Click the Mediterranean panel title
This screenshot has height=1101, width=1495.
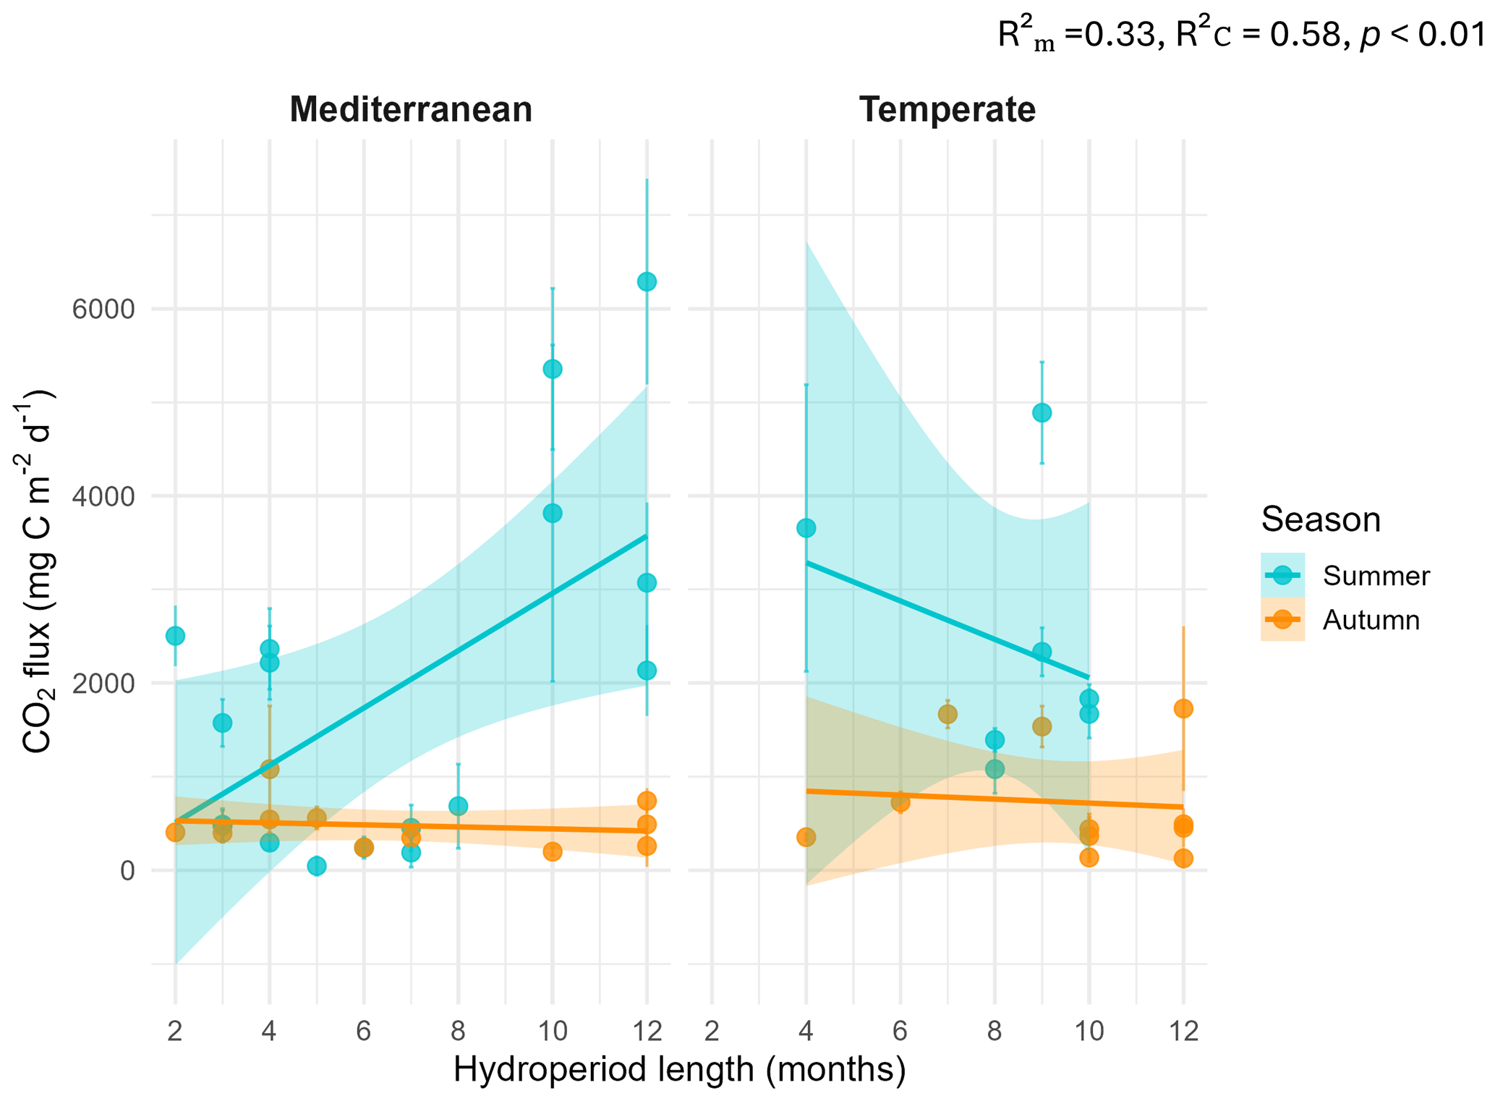coord(411,110)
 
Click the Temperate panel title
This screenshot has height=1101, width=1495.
coord(947,110)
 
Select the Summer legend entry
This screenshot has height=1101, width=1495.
coord(1345,576)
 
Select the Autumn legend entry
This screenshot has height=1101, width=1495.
coord(1345,620)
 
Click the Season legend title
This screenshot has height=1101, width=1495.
coord(1321,520)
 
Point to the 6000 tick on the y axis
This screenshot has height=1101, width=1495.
coord(103,310)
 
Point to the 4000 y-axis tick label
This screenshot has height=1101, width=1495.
coord(103,496)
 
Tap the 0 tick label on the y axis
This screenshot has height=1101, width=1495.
coord(127,870)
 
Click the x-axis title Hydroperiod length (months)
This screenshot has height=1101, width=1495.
coord(679,1070)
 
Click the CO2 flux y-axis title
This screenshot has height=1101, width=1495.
coord(36,571)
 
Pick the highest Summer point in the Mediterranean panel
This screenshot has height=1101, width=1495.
coord(647,281)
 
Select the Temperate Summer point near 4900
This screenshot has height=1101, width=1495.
coord(1042,413)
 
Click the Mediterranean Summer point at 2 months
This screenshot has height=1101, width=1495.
coord(175,636)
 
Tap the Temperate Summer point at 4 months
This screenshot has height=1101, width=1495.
coord(806,528)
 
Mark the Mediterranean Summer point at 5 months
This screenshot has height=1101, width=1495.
coord(316,866)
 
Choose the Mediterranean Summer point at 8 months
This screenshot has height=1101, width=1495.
coord(458,806)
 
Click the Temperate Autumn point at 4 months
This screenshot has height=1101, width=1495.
coord(806,837)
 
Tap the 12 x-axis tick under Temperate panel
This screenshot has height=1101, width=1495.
coord(1183,1031)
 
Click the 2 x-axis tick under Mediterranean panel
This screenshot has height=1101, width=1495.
coord(175,1031)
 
